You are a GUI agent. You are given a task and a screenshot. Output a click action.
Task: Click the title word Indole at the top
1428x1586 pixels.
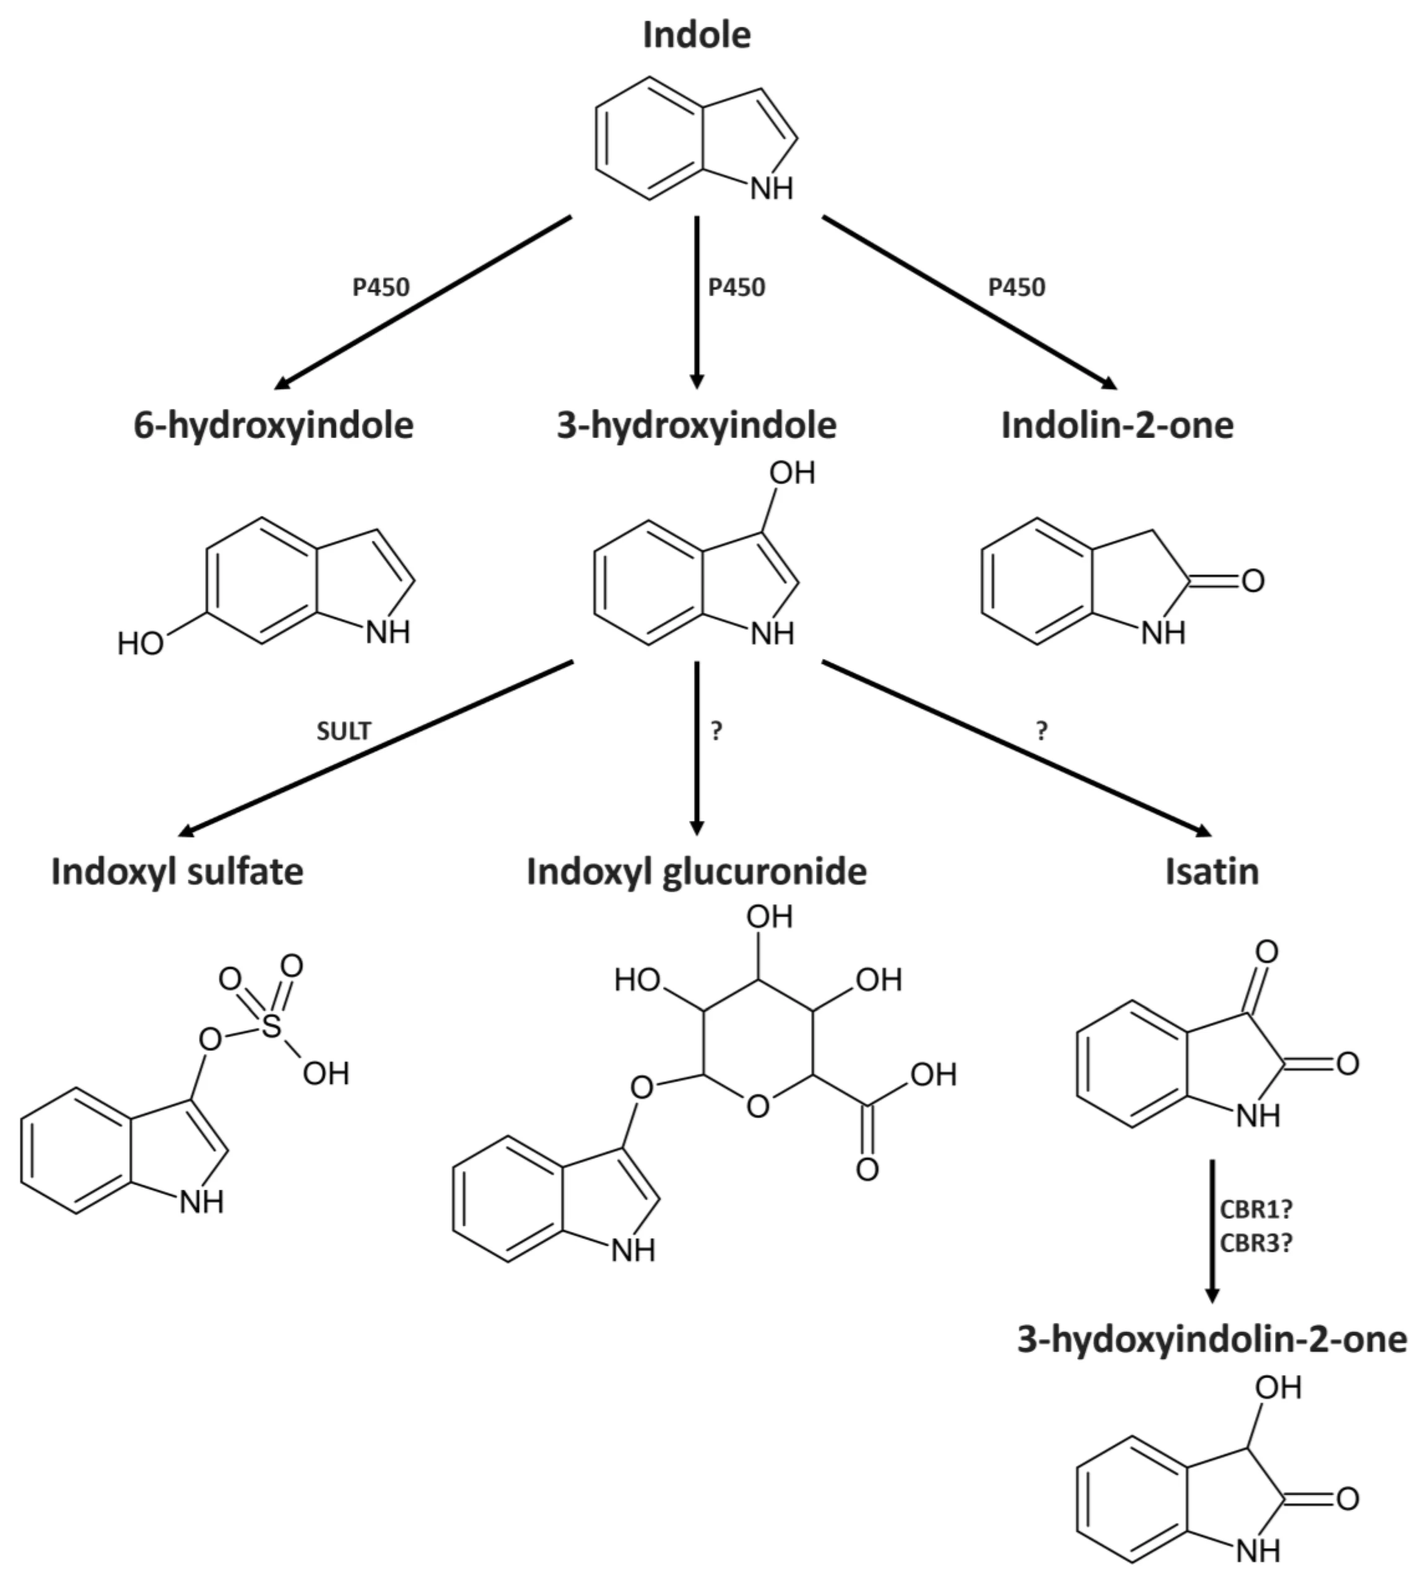coord(697,35)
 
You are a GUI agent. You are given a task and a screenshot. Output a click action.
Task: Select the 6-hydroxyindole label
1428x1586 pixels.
coord(274,426)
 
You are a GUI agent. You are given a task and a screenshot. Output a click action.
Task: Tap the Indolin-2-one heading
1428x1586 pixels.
coord(1117,426)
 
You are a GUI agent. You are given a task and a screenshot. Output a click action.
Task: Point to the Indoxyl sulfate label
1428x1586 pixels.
coord(177,872)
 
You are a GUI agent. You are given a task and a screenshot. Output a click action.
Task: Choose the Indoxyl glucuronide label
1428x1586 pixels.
coord(697,872)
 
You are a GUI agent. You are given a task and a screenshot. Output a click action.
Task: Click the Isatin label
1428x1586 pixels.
coord(1211,872)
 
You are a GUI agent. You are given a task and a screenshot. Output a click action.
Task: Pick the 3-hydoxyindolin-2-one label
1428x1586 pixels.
coord(1211,1339)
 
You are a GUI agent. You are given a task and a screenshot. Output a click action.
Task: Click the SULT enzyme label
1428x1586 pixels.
coord(344,732)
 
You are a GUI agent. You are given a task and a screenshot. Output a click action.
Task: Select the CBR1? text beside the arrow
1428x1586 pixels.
coord(1255,1209)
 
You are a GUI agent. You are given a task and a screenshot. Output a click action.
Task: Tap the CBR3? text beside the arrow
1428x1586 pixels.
coord(1255,1243)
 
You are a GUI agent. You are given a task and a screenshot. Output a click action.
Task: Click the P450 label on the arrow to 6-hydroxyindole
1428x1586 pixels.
coord(381,288)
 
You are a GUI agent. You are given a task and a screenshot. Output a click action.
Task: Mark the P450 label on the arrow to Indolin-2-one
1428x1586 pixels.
coord(1017,288)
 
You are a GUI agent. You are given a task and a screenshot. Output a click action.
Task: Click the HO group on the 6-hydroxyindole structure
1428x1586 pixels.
coord(141,644)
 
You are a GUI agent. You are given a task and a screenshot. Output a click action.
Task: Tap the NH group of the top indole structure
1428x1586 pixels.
coord(772,188)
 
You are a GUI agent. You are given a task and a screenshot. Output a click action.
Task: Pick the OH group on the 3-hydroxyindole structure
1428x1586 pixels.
coord(793,473)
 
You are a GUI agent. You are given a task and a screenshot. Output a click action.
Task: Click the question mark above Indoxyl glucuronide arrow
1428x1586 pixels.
coord(716,732)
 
